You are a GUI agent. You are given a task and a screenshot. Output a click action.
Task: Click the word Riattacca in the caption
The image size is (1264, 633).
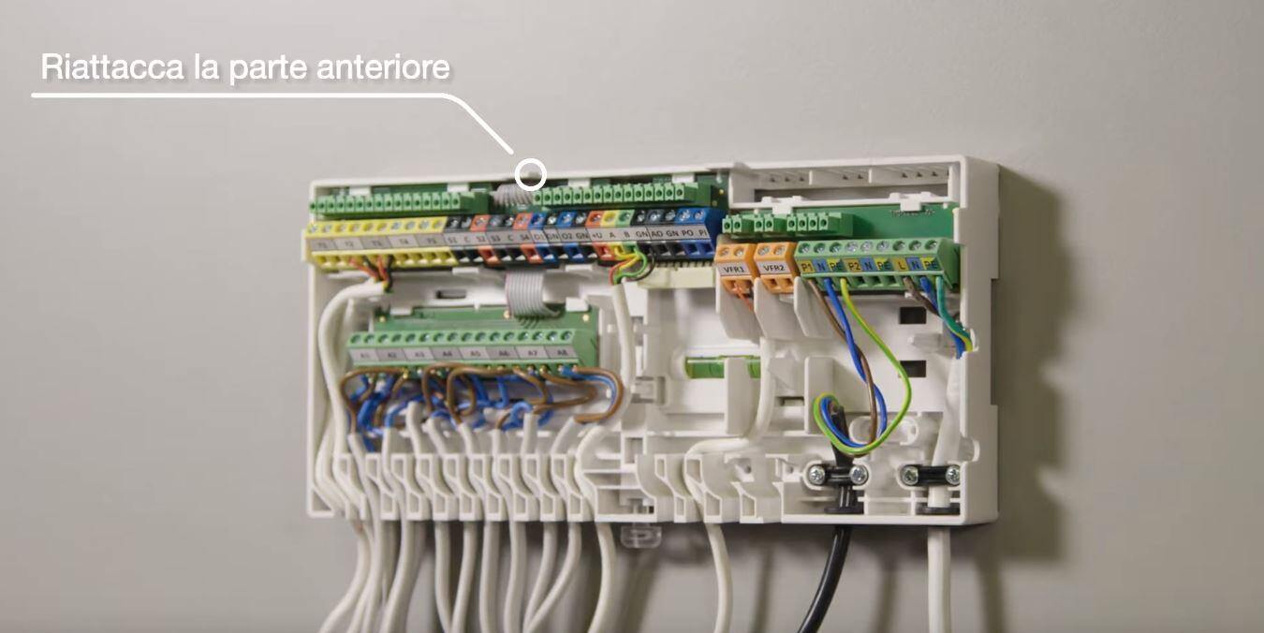(97, 68)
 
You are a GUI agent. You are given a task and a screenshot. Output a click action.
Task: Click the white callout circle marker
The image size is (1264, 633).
(531, 173)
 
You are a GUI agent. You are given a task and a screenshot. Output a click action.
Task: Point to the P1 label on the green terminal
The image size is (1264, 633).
(807, 266)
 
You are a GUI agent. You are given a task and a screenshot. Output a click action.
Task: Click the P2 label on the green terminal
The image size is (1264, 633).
(854, 266)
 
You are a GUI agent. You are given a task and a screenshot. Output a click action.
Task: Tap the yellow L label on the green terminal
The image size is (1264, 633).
(901, 266)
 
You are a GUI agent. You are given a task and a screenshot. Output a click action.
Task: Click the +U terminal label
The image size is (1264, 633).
(596, 234)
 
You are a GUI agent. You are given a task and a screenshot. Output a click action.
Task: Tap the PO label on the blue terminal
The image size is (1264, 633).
(687, 232)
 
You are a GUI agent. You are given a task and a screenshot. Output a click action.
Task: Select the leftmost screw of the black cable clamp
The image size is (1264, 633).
(816, 476)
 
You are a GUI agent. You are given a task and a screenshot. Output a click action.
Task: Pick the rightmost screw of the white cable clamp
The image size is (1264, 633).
(952, 475)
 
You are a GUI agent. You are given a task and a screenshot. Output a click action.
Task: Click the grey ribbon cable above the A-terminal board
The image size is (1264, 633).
(518, 288)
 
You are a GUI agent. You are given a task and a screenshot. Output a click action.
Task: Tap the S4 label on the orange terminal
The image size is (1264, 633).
(523, 238)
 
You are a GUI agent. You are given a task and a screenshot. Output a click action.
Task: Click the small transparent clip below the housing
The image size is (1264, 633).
(640, 536)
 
